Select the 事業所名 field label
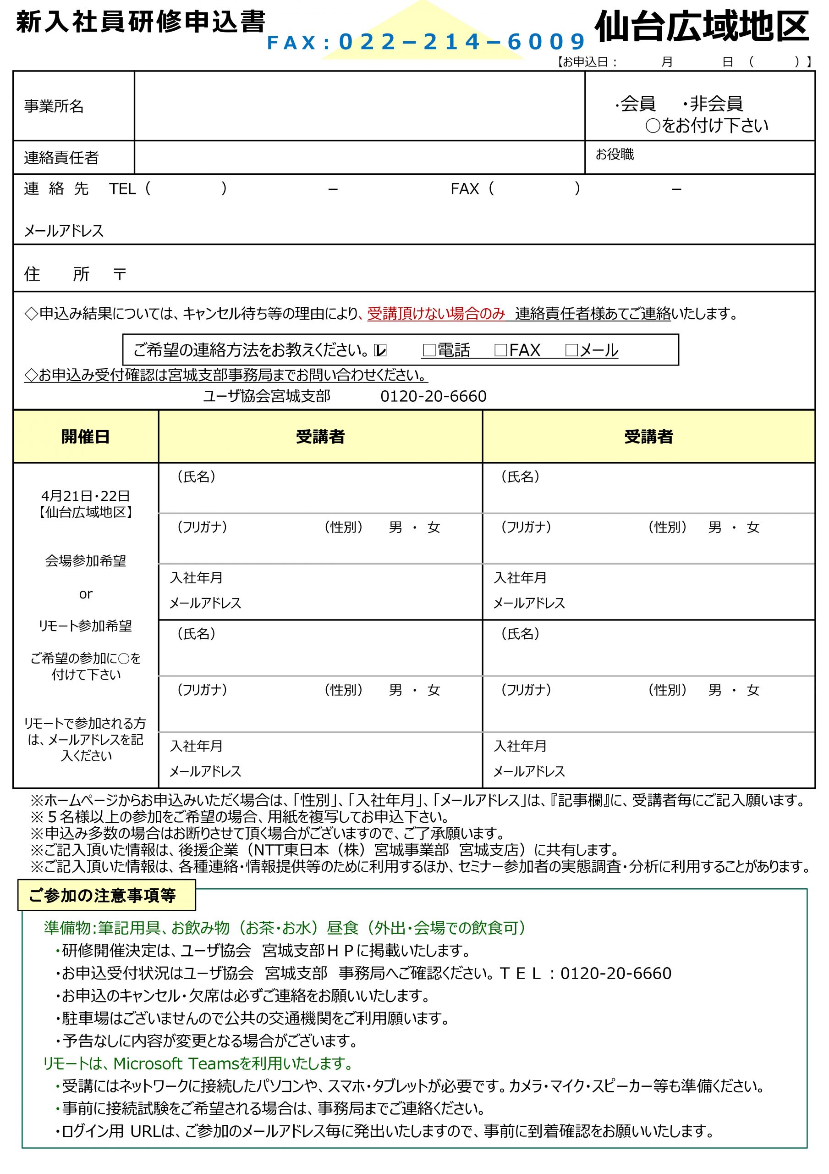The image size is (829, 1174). coord(54,106)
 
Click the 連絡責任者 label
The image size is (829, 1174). coord(61,157)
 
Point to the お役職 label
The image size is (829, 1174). coord(615,154)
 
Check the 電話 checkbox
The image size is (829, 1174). coord(429,350)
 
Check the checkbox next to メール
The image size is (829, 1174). coord(571,350)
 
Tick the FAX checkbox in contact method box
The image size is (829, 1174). coord(500,350)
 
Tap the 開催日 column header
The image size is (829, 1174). coord(85,437)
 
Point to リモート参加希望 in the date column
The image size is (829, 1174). coord(85,626)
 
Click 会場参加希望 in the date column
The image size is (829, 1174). coord(85,561)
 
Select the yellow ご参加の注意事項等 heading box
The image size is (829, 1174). coord(106,895)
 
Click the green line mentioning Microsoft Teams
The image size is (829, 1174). coord(199,1063)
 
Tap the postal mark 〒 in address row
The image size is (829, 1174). coord(120,275)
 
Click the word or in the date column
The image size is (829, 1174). coord(85,593)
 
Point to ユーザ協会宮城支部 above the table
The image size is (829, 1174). coord(267,396)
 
